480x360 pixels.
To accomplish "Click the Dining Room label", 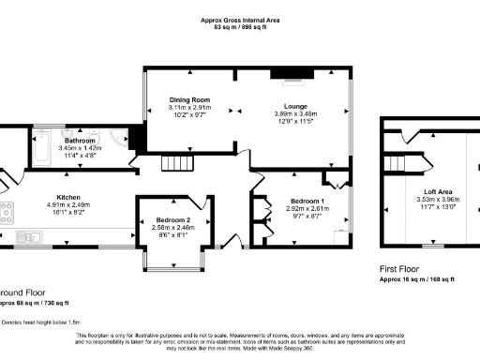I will [x=189, y=99].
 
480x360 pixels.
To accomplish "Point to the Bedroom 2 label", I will [x=173, y=219].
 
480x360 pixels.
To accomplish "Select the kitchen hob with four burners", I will [x=6, y=213].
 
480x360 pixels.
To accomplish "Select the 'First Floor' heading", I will [x=401, y=267].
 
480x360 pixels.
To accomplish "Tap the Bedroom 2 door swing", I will [x=195, y=202].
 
